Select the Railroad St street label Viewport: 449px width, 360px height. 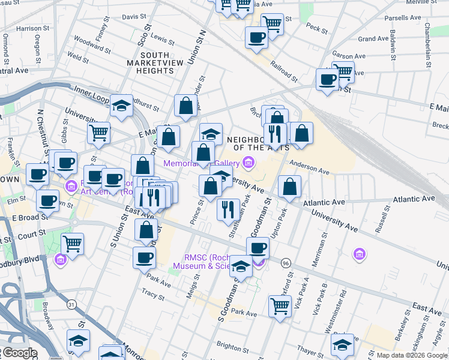(x=283, y=70)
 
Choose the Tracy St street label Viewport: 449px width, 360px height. (x=153, y=295)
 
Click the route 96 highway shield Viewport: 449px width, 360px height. (x=286, y=263)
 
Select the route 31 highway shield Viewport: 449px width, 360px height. (x=71, y=304)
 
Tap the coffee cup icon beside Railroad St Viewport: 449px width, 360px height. (x=256, y=37)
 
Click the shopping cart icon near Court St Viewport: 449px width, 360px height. (x=73, y=244)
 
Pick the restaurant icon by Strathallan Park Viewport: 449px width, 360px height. (x=228, y=209)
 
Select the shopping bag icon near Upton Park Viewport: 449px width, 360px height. (x=289, y=186)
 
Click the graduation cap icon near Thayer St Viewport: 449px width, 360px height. (x=342, y=344)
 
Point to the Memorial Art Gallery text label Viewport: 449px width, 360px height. (x=202, y=163)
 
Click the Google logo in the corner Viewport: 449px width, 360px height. (x=20, y=353)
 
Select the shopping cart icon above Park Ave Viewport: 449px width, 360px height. (x=280, y=305)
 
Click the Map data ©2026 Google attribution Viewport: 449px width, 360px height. (x=412, y=355)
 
